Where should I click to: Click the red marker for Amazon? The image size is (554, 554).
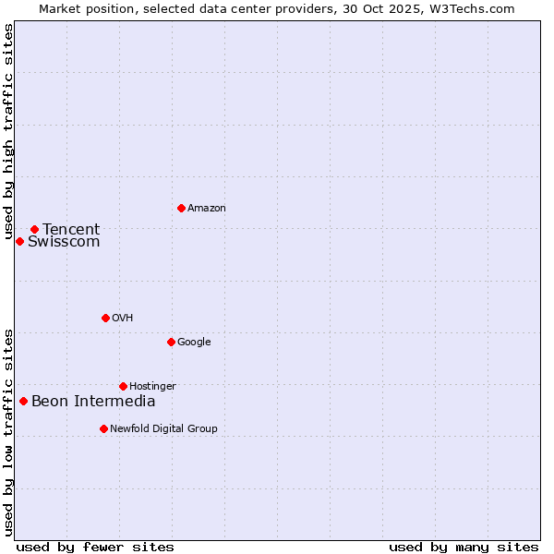pyautogui.click(x=181, y=208)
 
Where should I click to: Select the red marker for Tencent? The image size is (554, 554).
pyautogui.click(x=34, y=229)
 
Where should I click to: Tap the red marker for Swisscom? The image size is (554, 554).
pyautogui.click(x=19, y=241)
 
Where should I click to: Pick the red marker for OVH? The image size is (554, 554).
pyautogui.click(x=105, y=318)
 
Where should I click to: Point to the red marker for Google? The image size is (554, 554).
pyautogui.click(x=171, y=342)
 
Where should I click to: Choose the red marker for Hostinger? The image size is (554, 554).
pyautogui.click(x=123, y=386)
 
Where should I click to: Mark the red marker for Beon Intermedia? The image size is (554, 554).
pyautogui.click(x=23, y=401)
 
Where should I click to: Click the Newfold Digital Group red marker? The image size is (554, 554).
pyautogui.click(x=103, y=428)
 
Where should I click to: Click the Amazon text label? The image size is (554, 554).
pyautogui.click(x=207, y=209)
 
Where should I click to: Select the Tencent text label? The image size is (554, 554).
pyautogui.click(x=71, y=230)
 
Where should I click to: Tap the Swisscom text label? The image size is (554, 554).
pyautogui.click(x=64, y=242)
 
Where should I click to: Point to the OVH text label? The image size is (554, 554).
pyautogui.click(x=123, y=319)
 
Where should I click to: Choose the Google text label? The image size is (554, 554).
pyautogui.click(x=194, y=343)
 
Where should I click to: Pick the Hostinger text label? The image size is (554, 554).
pyautogui.click(x=152, y=387)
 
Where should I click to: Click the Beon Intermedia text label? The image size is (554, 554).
pyautogui.click(x=93, y=402)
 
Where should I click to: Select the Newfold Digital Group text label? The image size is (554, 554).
pyautogui.click(x=163, y=429)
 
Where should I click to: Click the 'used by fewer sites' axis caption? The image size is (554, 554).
pyautogui.click(x=95, y=547)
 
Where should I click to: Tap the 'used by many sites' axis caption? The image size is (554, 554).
pyautogui.click(x=464, y=547)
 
